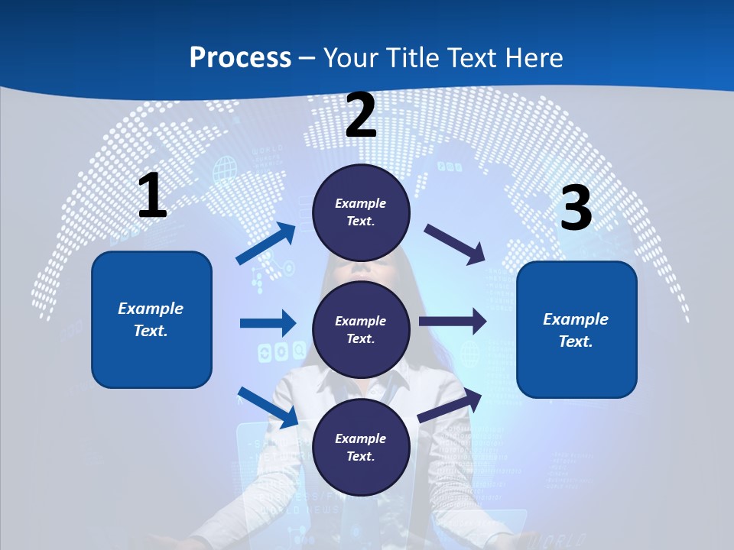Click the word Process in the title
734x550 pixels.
[x=240, y=57]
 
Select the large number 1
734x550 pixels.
[x=152, y=196]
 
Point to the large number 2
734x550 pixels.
[x=361, y=115]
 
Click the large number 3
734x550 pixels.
[x=576, y=208]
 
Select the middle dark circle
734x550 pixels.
[x=361, y=329]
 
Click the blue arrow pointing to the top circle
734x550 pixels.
[x=266, y=244]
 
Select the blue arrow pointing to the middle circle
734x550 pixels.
[x=268, y=323]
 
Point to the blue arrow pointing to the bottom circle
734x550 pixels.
[x=268, y=407]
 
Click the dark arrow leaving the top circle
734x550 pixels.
[x=455, y=244]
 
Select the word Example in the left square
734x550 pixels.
[x=151, y=309]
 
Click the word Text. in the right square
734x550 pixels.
[x=576, y=341]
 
